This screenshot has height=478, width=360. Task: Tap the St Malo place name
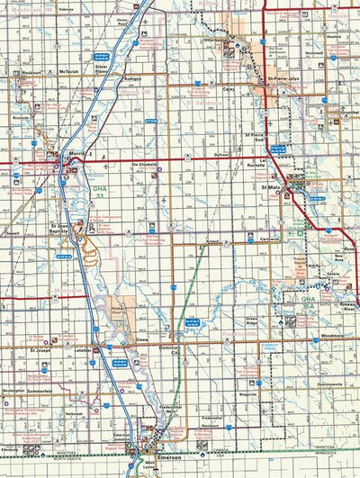(x=271, y=187)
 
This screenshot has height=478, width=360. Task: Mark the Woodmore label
(x=331, y=336)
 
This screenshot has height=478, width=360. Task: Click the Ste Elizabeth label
(x=145, y=165)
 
